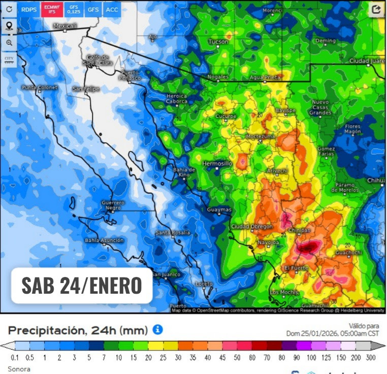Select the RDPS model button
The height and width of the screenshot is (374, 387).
pyautogui.click(x=29, y=9)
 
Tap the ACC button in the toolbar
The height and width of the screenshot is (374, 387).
pyautogui.click(x=111, y=9)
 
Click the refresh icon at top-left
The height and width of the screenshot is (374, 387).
pyautogui.click(x=9, y=9)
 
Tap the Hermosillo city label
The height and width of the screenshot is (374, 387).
pyautogui.click(x=217, y=164)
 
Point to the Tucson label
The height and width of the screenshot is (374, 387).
pyautogui.click(x=218, y=42)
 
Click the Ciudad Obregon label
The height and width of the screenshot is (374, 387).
pyautogui.click(x=251, y=227)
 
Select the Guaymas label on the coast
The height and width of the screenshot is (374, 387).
pyautogui.click(x=219, y=209)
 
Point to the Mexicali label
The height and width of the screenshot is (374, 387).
pyautogui.click(x=65, y=26)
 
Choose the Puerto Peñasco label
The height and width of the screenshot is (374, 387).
pyautogui.click(x=130, y=75)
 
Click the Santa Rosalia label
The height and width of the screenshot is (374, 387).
pyautogui.click(x=173, y=233)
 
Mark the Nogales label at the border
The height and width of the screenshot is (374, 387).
pyautogui.click(x=218, y=77)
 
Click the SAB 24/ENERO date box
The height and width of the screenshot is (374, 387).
pyautogui.click(x=81, y=286)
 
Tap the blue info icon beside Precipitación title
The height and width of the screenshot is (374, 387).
pyautogui.click(x=158, y=330)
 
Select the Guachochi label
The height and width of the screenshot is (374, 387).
pyautogui.click(x=348, y=252)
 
